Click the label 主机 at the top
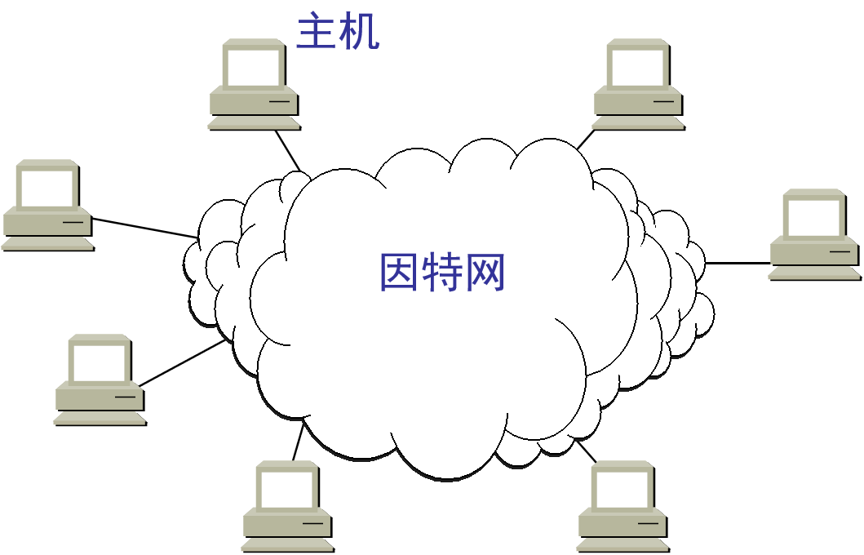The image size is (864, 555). (337, 33)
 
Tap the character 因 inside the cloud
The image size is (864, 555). (400, 273)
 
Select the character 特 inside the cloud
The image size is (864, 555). (442, 273)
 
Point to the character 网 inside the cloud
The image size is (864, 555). (485, 273)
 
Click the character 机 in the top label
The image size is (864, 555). (359, 33)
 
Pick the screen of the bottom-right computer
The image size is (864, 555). (623, 489)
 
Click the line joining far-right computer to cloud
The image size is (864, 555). (738, 263)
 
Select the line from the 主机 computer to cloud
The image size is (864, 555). (287, 150)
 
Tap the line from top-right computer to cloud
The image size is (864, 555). (586, 139)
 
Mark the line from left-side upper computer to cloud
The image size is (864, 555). (144, 228)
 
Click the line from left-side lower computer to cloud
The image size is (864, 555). (182, 363)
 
